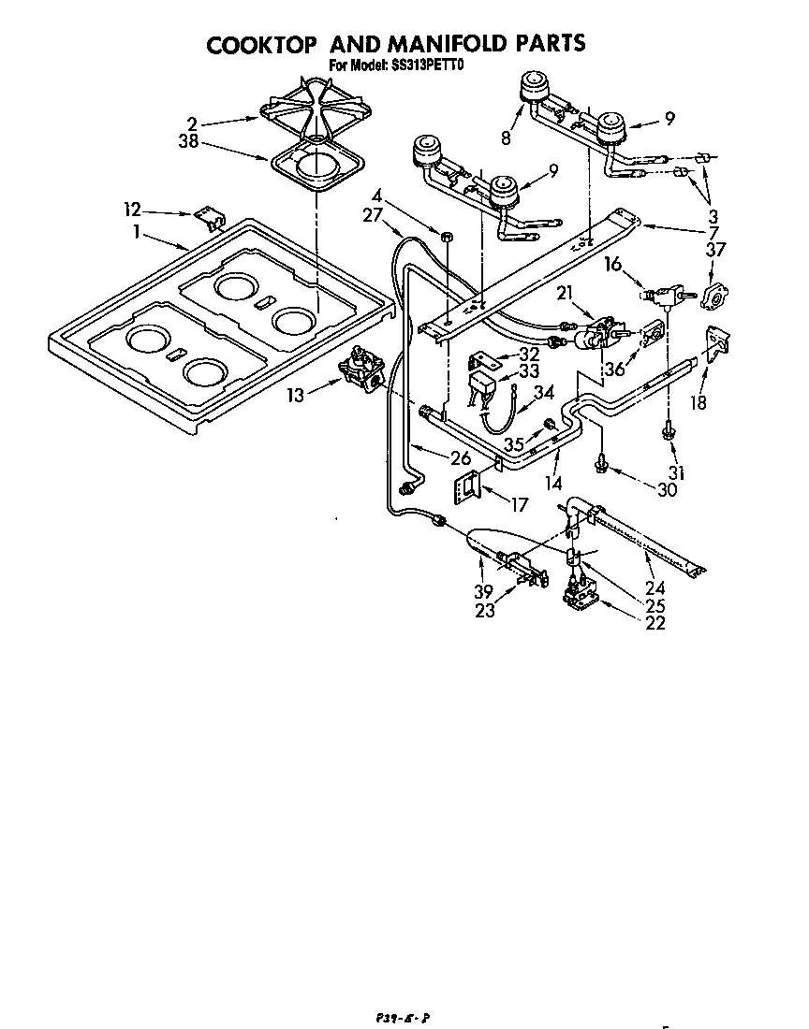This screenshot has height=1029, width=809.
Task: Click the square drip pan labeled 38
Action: click(318, 170)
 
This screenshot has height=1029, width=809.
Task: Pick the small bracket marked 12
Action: click(212, 218)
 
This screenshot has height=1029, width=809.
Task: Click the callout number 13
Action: click(295, 395)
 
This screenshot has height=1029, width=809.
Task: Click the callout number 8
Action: click(506, 138)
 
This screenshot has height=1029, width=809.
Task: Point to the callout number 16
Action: click(612, 266)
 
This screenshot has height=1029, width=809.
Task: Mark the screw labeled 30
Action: click(600, 460)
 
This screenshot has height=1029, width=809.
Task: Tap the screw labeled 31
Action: click(669, 430)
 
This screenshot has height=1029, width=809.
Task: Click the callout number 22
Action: click(655, 624)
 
